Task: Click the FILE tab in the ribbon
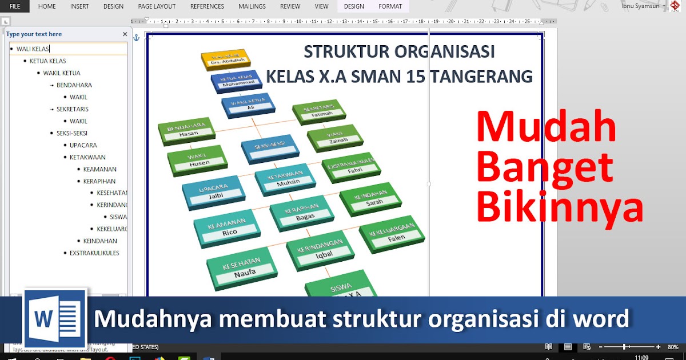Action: coord(14,6)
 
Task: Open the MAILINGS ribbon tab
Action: coord(252,6)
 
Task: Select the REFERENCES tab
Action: coord(207,6)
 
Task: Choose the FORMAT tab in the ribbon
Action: coord(390,6)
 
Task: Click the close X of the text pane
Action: coord(125,34)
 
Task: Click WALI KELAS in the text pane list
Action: coord(33,49)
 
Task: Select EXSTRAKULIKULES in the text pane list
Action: coord(94,253)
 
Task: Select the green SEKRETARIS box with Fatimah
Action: coord(319,112)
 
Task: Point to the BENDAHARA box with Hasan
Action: coord(186,131)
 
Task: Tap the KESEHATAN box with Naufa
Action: coord(242,267)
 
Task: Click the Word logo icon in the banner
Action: coord(55,318)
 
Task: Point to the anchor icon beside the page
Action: coord(136,38)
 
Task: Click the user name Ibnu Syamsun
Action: coord(641,6)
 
